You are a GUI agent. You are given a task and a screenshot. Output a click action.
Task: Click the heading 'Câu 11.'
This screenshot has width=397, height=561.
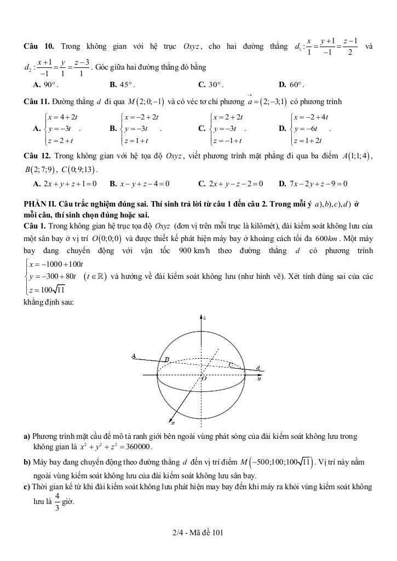37,101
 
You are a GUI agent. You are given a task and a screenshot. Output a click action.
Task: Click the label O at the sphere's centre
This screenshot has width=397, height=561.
204,379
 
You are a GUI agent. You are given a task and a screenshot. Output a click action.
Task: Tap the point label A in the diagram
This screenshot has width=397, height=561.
134,356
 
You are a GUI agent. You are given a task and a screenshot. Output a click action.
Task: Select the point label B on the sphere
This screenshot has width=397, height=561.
168,360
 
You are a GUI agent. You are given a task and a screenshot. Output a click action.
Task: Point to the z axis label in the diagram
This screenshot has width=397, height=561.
204,318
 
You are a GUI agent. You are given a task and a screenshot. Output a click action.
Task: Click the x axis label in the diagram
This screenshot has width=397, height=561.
172,423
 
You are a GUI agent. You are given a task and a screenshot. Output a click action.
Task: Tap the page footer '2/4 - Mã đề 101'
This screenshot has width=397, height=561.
198,532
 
